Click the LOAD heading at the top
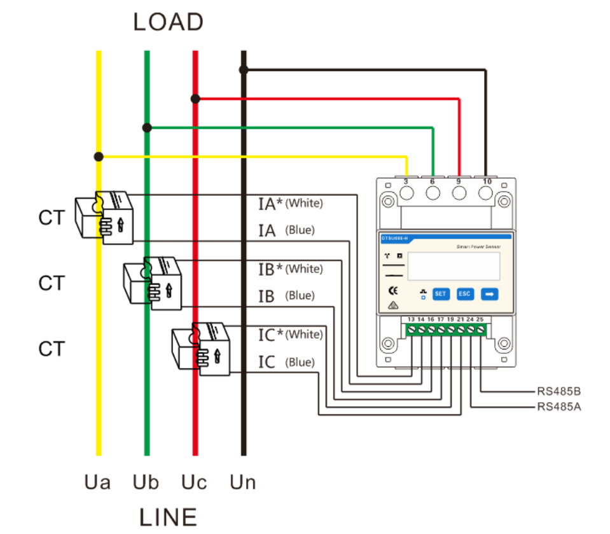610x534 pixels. click(168, 22)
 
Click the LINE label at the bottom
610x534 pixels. click(168, 516)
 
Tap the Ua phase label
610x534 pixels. click(97, 482)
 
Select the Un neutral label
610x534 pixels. click(243, 482)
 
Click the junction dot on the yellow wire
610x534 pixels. click(99, 156)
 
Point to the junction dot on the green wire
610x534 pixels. click(147, 127)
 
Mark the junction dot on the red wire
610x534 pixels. click(195, 99)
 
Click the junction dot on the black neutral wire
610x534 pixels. click(244, 69)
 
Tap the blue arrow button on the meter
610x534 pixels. click(489, 294)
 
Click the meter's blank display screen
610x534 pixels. click(453, 267)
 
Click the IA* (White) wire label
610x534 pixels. click(290, 204)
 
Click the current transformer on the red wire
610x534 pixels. click(200, 349)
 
